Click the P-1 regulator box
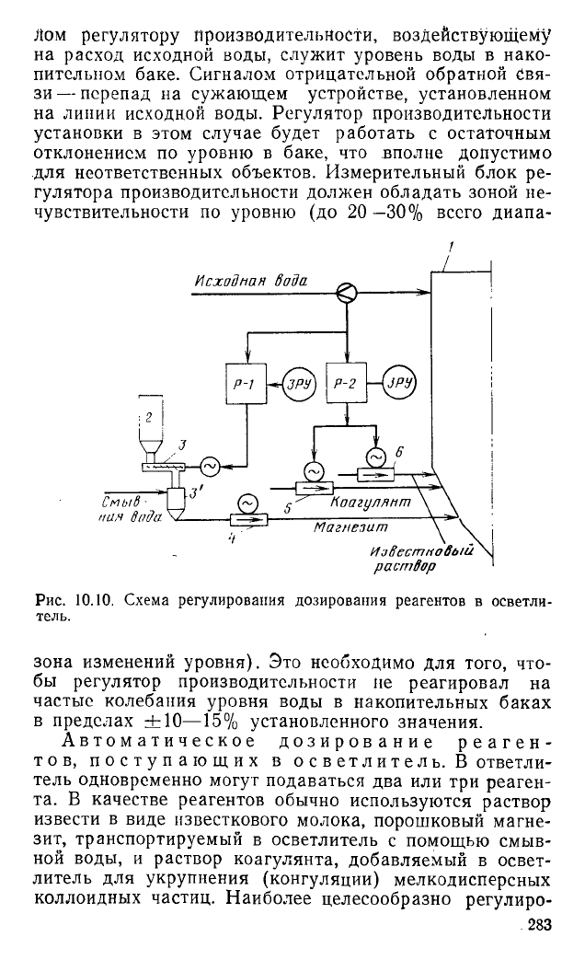pyautogui.click(x=247, y=383)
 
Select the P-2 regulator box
pyautogui.click(x=347, y=383)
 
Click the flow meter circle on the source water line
pyautogui.click(x=347, y=294)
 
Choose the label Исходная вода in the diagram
pyautogui.click(x=251, y=281)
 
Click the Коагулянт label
pyautogui.click(x=370, y=502)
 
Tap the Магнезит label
pyautogui.click(x=350, y=526)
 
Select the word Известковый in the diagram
pyautogui.click(x=422, y=551)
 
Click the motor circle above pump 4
pyautogui.click(x=247, y=503)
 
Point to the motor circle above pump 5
pyautogui.click(x=313, y=471)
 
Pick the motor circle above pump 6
pyautogui.click(x=375, y=457)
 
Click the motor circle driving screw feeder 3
pyautogui.click(x=210, y=468)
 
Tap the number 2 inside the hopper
pyautogui.click(x=149, y=418)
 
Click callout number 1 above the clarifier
pyautogui.click(x=450, y=247)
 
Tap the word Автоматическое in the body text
pyautogui.click(x=158, y=743)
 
